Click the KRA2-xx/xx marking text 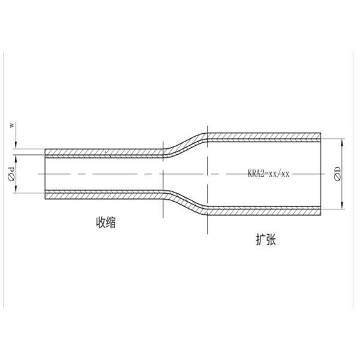point(269,174)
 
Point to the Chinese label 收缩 point(106,223)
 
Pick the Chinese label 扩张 point(264,239)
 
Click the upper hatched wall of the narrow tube point(102,151)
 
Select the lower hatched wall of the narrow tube point(102,195)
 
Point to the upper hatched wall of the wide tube point(264,136)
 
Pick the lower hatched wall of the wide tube point(264,211)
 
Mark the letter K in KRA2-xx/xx point(250,174)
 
